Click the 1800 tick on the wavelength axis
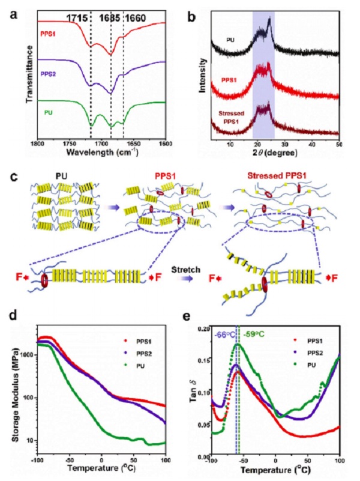[37, 147]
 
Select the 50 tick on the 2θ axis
[339, 146]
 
